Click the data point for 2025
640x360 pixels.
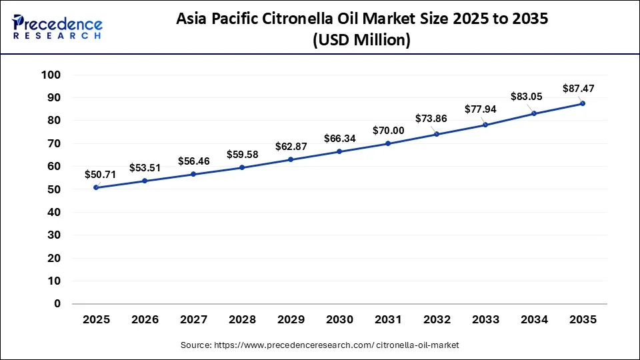(97, 187)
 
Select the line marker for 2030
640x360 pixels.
(339, 151)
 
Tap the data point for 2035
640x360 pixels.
(583, 103)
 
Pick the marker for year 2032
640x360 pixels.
(437, 134)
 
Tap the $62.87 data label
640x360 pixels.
(291, 147)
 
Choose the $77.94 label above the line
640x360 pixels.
(480, 109)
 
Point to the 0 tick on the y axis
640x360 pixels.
(57, 303)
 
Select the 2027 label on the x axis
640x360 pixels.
(193, 320)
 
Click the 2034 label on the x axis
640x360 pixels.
(533, 320)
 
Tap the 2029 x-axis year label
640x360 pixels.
(291, 320)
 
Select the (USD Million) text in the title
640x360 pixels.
(361, 40)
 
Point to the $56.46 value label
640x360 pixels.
(193, 161)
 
